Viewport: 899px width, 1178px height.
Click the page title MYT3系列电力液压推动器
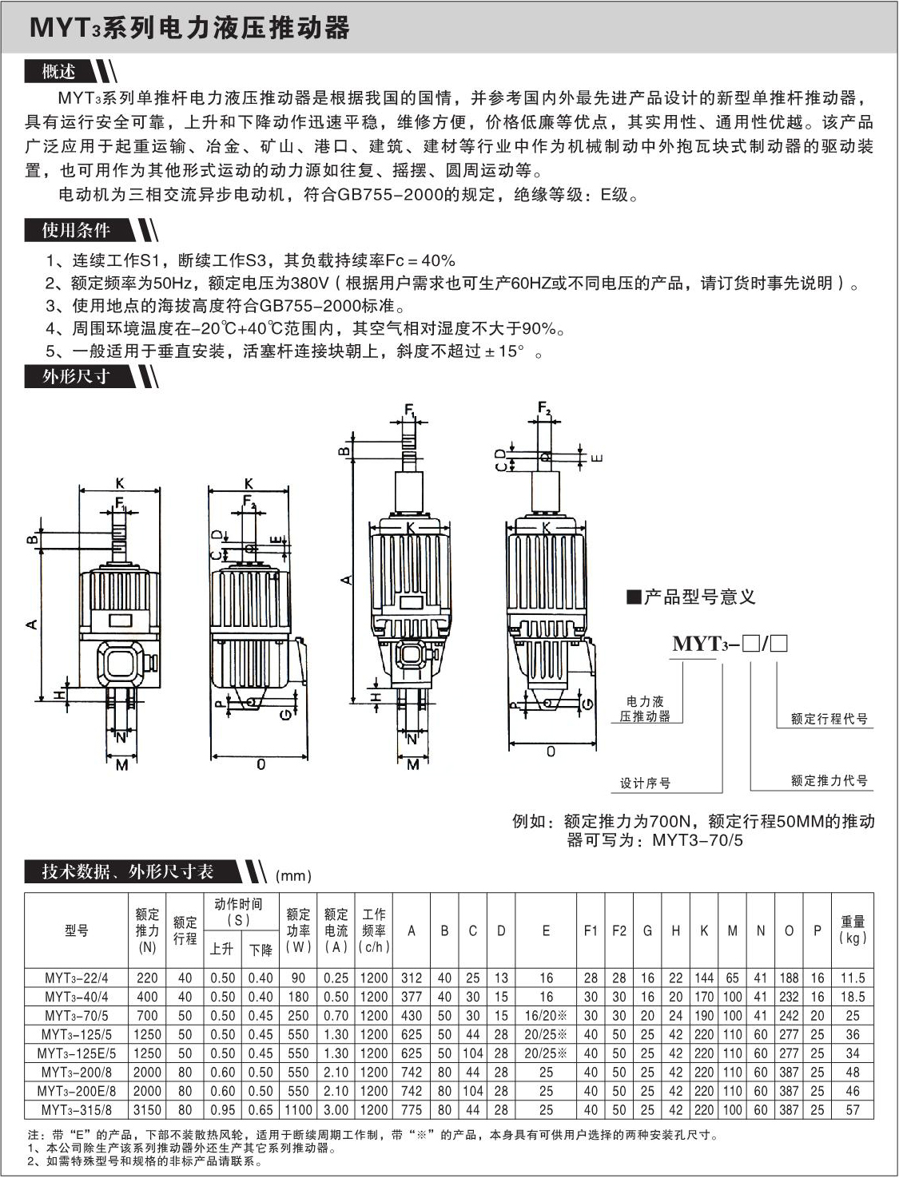(189, 29)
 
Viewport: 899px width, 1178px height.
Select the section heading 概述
(59, 72)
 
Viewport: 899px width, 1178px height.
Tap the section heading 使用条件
(76, 230)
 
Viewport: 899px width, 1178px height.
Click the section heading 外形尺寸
(76, 376)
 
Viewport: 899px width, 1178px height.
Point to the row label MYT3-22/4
(76, 978)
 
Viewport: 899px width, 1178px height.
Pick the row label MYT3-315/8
(76, 1109)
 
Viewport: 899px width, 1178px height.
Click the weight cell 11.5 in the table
(853, 978)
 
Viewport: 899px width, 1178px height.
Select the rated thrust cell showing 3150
(147, 1109)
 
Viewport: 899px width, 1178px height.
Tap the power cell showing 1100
(298, 1109)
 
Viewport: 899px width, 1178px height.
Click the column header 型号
(77, 930)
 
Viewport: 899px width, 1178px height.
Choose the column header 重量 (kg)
(853, 930)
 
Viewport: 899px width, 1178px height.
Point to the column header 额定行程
(185, 930)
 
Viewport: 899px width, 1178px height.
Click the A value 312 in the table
(412, 978)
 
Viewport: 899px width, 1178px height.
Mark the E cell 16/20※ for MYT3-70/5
(546, 1016)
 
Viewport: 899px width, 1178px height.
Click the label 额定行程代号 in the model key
(829, 719)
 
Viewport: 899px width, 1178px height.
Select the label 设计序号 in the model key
(645, 783)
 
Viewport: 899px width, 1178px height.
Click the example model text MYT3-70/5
(698, 839)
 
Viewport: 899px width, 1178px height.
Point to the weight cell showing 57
(853, 1109)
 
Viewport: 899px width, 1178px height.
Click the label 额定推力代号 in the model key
(829, 780)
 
